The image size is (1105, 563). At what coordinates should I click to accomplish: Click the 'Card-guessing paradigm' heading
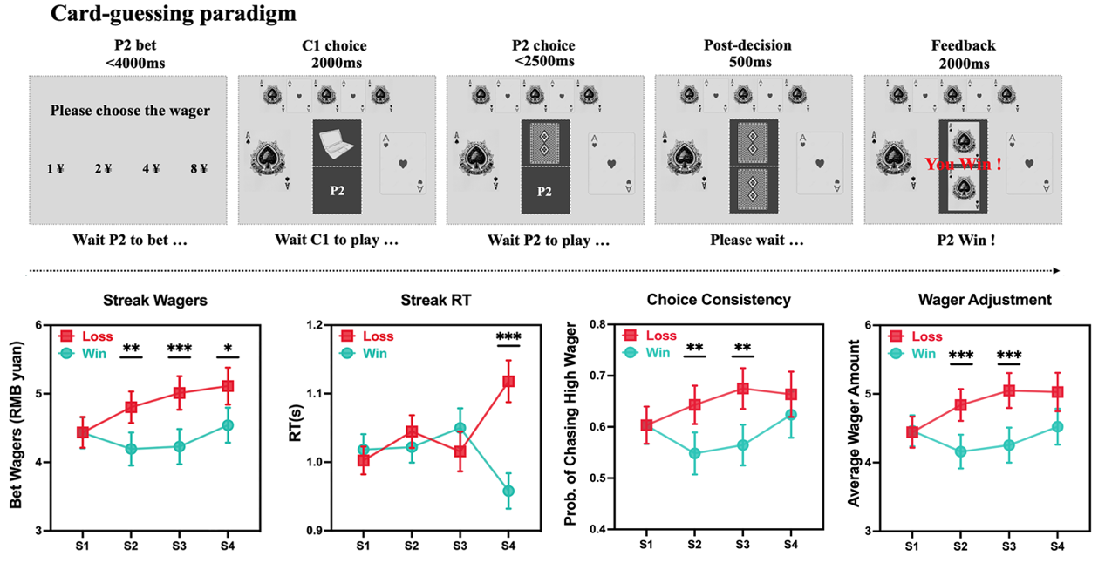[x=174, y=14]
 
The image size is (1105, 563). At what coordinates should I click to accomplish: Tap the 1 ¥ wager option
[x=58, y=169]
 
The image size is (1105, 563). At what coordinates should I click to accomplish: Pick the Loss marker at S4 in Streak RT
[x=508, y=381]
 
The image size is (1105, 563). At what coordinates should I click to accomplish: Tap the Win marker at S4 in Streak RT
[x=508, y=491]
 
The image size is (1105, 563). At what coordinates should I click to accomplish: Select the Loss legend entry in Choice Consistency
[x=651, y=336]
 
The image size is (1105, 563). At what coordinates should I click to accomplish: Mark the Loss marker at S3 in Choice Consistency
[x=742, y=389]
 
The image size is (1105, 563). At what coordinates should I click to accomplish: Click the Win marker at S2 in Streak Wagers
[x=131, y=449]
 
